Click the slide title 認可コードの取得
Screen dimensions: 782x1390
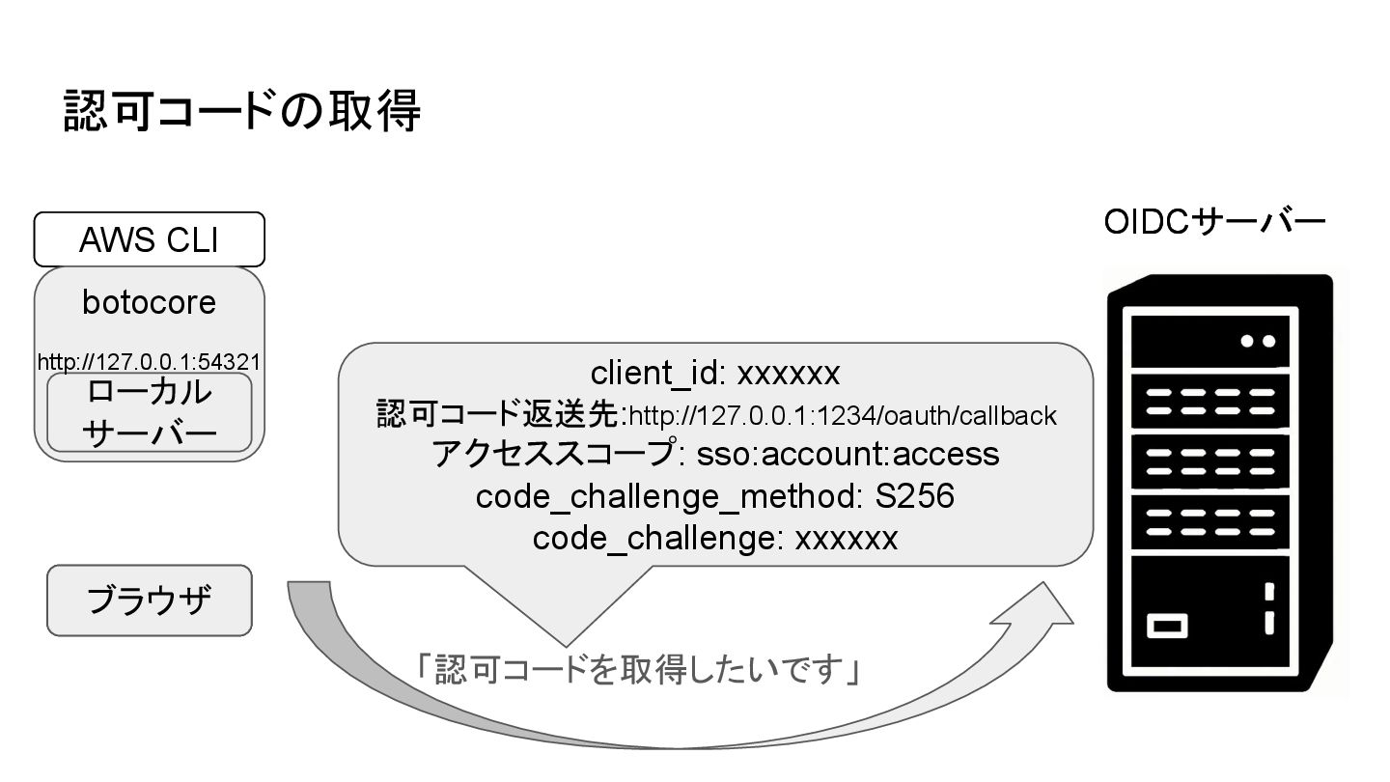242,110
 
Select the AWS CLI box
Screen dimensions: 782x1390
149,239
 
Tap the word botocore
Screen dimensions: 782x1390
149,302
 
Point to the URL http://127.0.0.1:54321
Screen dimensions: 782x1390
149,362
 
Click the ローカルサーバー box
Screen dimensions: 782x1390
149,413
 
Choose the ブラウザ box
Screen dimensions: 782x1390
149,600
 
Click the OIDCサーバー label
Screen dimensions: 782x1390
1214,223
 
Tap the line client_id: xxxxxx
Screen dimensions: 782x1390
715,373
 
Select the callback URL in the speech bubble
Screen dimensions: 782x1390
843,416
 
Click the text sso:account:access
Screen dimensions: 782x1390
848,454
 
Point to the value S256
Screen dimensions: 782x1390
914,496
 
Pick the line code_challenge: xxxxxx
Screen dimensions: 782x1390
715,538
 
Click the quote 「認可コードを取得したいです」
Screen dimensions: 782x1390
638,669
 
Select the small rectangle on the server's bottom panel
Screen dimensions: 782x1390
1167,626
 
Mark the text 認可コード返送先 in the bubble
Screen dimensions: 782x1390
497,415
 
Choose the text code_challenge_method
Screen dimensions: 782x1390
666,496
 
